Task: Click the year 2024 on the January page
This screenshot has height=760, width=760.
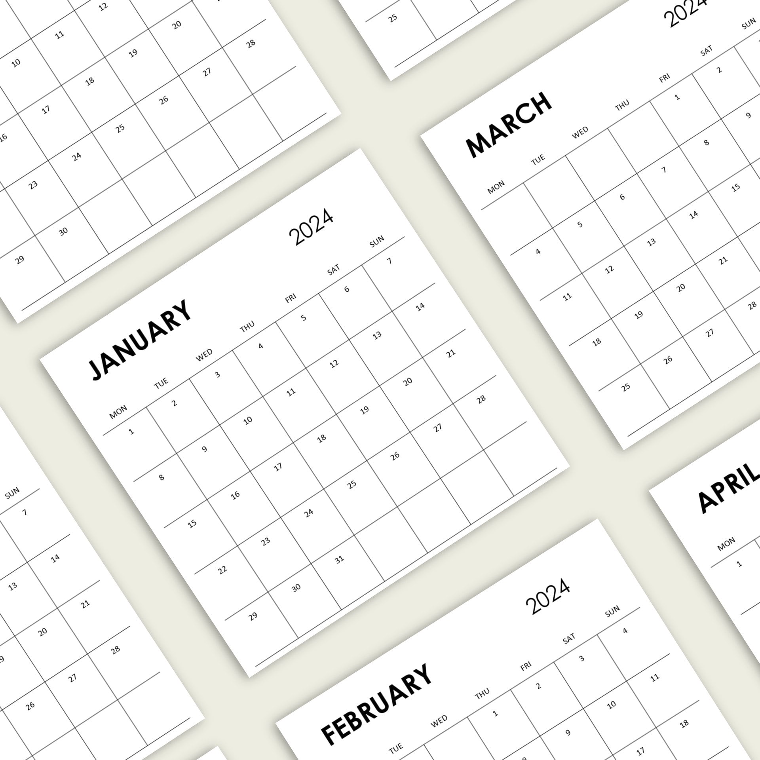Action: tap(311, 226)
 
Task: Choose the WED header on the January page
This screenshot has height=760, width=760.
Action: tap(204, 355)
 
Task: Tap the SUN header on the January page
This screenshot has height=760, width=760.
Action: tap(376, 241)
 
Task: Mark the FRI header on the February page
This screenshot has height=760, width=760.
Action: tap(526, 667)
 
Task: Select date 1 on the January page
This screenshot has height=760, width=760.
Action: tap(131, 431)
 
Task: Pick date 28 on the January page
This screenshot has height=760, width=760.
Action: tap(481, 399)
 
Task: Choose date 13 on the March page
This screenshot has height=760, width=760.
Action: tap(651, 242)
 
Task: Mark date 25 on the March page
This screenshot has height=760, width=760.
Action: tap(625, 387)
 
